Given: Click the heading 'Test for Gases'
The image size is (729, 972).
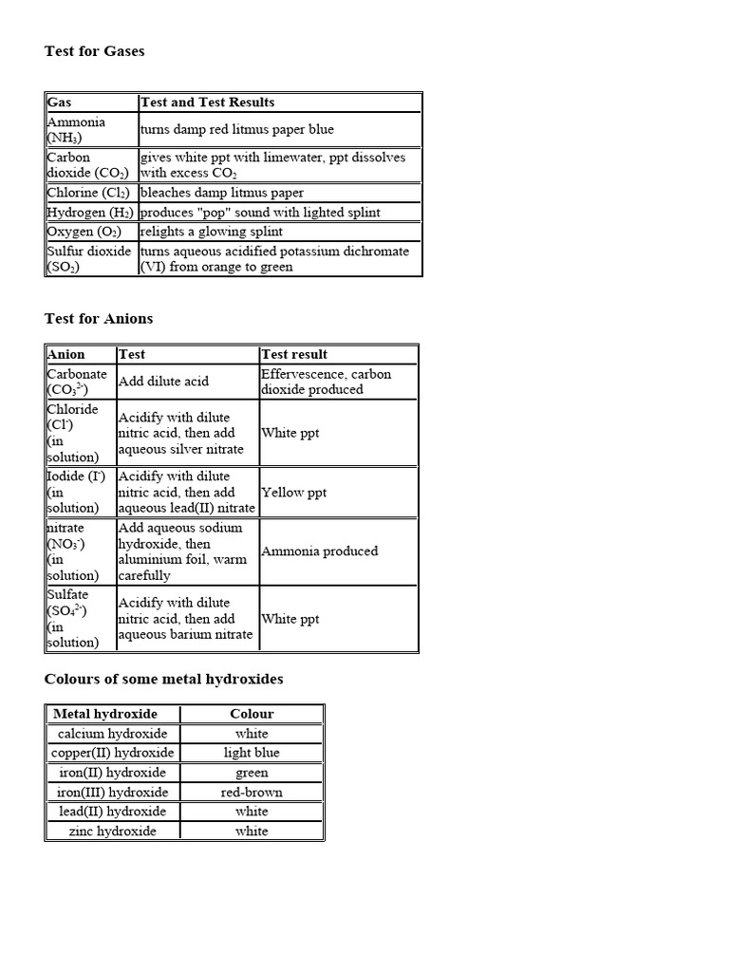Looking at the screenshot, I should [95, 51].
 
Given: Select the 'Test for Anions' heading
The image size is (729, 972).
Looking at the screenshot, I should [99, 318].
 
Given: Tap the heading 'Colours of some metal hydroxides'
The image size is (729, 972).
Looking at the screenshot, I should [163, 679].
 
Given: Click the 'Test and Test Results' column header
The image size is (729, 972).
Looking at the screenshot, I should [207, 103].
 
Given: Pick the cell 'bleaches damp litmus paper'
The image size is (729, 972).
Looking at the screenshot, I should [222, 193].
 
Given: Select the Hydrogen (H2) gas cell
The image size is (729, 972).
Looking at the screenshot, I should [90, 212].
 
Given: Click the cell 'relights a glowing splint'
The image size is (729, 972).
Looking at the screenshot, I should [211, 232].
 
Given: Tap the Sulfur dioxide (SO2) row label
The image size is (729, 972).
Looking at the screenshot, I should [90, 259].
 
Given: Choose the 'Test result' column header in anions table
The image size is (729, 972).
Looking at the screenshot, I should [294, 354].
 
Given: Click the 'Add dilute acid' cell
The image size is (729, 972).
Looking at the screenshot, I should [163, 382].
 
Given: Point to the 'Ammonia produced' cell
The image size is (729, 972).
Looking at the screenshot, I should [319, 551].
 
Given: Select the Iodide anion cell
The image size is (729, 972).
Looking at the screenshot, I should [80, 492].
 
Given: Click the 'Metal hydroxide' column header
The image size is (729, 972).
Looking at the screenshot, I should [105, 714].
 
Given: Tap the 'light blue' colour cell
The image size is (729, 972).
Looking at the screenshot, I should [252, 753].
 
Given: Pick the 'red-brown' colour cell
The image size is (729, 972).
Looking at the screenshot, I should [252, 792].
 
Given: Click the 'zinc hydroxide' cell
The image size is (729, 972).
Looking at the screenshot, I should [112, 831].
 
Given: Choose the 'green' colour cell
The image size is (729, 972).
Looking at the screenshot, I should [252, 773].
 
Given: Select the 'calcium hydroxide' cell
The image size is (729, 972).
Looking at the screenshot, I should [112, 734].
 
